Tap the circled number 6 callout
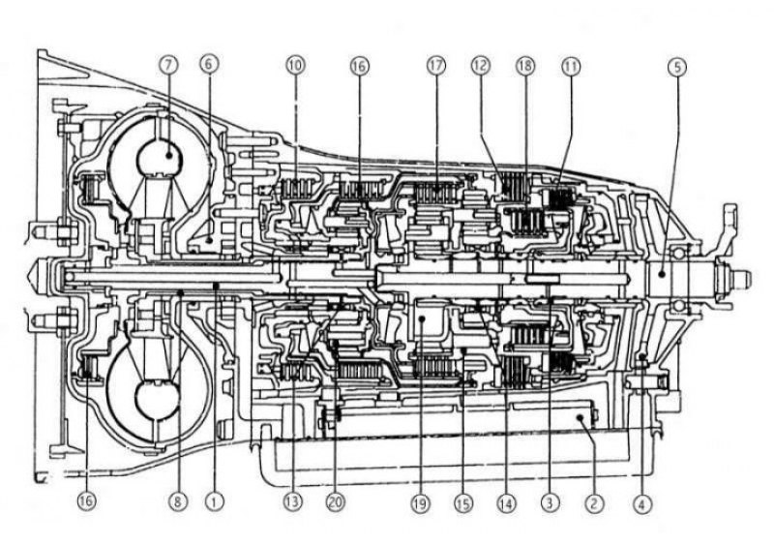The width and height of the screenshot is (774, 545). (207, 64)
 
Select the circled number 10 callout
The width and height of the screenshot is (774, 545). (296, 64)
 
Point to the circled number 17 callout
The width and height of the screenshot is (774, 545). (436, 64)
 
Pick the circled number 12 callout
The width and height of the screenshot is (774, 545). (481, 64)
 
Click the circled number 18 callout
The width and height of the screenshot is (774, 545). (526, 64)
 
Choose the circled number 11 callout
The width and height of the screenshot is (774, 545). (571, 64)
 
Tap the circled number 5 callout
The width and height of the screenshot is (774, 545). (676, 64)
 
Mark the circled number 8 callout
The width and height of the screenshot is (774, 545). (177, 501)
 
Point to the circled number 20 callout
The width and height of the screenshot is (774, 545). (336, 501)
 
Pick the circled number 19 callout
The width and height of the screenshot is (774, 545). (420, 501)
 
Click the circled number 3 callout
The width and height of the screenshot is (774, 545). (550, 501)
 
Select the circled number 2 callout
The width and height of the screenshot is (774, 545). (594, 501)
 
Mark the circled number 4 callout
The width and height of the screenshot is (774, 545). (641, 501)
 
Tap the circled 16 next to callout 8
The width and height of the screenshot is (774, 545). (86, 501)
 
